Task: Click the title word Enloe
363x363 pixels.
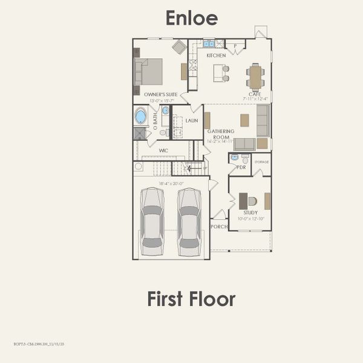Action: click(x=191, y=18)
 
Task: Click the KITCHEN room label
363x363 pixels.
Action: click(x=216, y=56)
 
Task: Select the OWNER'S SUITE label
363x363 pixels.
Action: click(x=160, y=94)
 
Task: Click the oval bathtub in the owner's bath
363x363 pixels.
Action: click(x=140, y=116)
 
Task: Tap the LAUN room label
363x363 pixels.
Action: click(x=192, y=120)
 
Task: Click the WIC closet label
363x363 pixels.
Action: click(x=163, y=150)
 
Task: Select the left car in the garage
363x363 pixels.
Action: click(x=152, y=221)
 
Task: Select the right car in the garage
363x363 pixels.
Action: click(x=189, y=221)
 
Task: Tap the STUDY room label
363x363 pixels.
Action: click(x=250, y=213)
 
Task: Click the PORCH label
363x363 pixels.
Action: click(x=218, y=227)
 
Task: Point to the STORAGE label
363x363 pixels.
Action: click(x=261, y=162)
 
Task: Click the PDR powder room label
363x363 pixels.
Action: click(x=241, y=167)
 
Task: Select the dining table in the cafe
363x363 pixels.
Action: click(x=255, y=77)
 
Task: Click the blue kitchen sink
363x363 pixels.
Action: click(x=209, y=44)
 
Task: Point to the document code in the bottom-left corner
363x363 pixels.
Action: click(x=39, y=344)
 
